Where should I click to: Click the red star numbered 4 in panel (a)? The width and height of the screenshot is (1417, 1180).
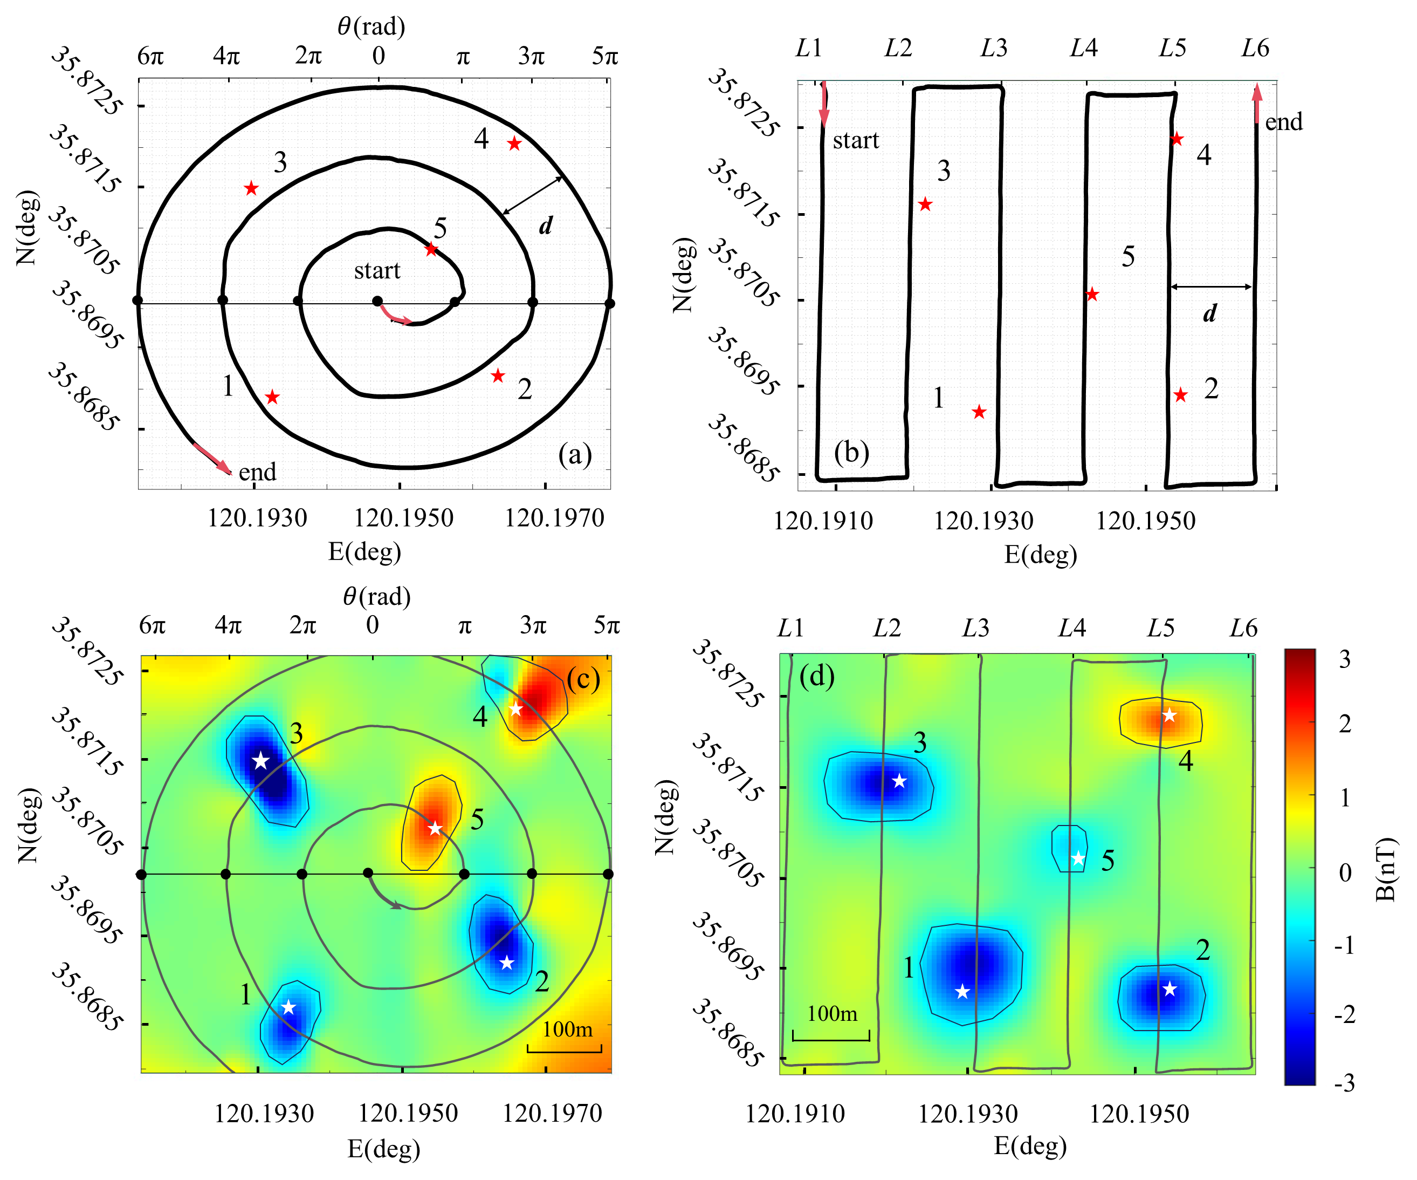(514, 143)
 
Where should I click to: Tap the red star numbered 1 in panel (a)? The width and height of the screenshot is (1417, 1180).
(272, 397)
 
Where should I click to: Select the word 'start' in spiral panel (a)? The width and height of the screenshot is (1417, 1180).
(377, 271)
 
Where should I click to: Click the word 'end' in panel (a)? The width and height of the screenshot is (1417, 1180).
(258, 471)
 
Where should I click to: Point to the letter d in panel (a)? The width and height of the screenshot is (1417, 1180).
(545, 226)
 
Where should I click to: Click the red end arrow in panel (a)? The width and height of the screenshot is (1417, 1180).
(212, 458)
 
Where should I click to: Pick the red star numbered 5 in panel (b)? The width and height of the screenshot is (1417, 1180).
(1092, 294)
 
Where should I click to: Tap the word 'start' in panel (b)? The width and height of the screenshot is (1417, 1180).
(856, 140)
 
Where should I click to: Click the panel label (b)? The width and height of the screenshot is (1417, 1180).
(851, 452)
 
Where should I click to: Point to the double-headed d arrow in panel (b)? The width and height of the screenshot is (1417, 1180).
(1211, 287)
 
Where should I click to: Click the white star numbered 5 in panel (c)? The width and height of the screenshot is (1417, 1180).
(435, 828)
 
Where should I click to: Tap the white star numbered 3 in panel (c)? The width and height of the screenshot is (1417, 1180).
(260, 761)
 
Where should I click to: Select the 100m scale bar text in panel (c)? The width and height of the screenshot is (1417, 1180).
(567, 1029)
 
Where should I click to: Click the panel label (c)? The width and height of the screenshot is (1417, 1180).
(583, 679)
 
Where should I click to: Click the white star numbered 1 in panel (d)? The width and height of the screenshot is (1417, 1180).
(963, 992)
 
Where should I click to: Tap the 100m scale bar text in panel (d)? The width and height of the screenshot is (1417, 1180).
(832, 1013)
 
